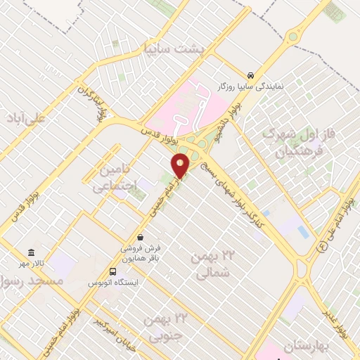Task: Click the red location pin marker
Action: (x=181, y=166)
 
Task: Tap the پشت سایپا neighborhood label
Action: (x=173, y=49)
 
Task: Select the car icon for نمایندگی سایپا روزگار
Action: (x=251, y=75)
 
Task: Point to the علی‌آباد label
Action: (x=25, y=116)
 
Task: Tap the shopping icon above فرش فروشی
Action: (x=141, y=237)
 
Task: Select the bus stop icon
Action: (x=112, y=271)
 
